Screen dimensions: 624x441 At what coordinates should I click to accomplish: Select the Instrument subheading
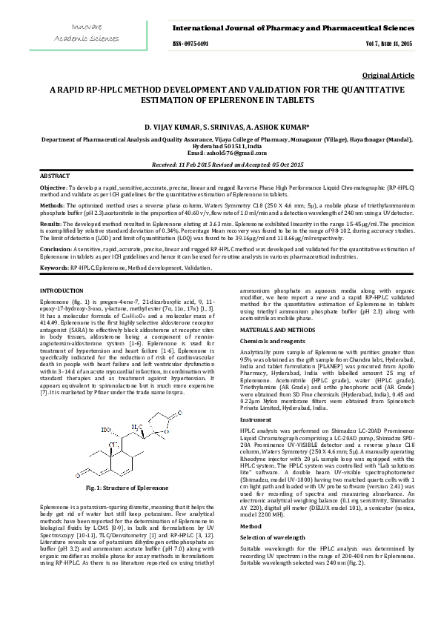coord(255,419)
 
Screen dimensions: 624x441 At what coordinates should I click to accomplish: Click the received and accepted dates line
coord(220,164)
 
